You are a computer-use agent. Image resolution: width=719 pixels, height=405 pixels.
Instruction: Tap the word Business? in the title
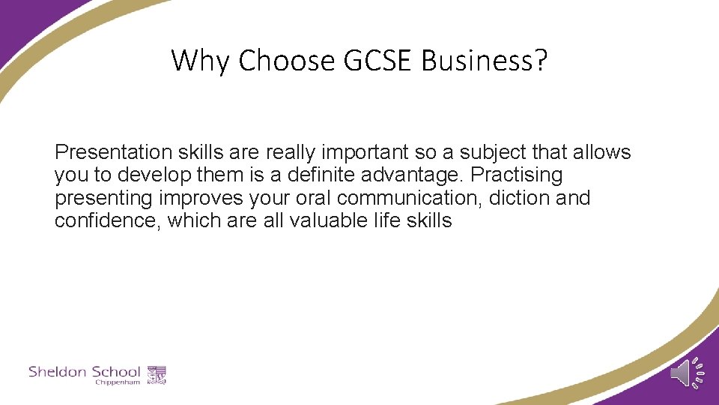tap(485, 61)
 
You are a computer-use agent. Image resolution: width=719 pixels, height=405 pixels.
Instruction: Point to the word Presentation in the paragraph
tap(113, 152)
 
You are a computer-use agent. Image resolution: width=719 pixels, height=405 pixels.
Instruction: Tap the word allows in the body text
tap(602, 152)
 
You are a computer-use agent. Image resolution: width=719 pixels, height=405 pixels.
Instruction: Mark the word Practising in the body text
tap(516, 175)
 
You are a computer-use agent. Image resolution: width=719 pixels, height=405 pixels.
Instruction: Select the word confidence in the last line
tap(107, 220)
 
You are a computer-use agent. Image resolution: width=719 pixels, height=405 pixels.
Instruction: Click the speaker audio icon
tap(686, 373)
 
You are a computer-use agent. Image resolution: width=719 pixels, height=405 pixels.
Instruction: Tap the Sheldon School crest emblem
tap(157, 373)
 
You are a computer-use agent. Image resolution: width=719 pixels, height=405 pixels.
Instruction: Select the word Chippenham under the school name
tap(118, 382)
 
